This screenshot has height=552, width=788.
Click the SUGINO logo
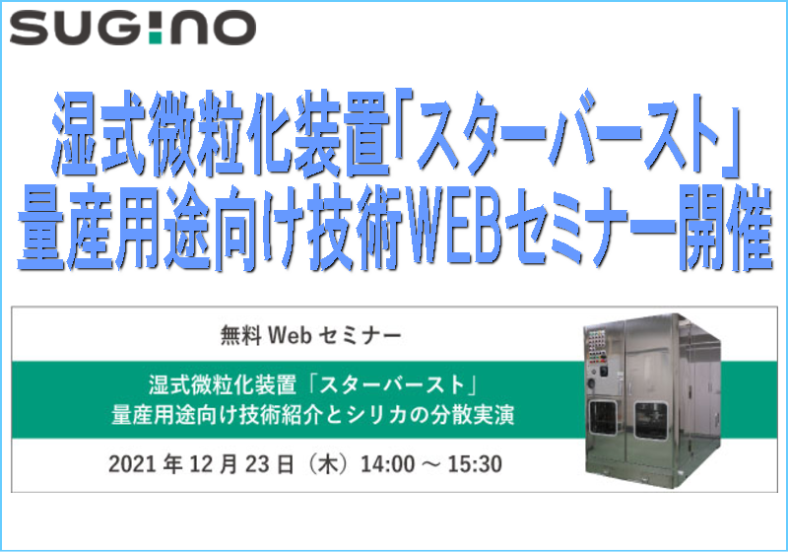[x=133, y=28]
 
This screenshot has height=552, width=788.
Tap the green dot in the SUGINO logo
[x=157, y=37]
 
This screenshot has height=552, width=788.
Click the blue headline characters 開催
[x=725, y=229]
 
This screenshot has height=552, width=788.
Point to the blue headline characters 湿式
[x=99, y=133]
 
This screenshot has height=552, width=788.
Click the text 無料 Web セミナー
[x=310, y=336]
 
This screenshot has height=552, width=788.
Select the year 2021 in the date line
[x=132, y=464]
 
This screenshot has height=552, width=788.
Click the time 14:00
[x=384, y=464]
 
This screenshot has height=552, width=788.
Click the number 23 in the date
[x=258, y=464]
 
